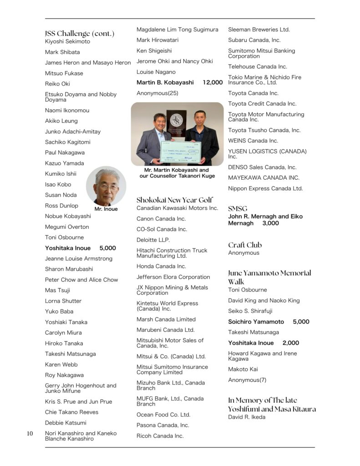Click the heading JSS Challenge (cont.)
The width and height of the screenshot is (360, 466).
79,33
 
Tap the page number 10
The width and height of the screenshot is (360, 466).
30,434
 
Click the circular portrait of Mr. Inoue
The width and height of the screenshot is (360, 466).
106,186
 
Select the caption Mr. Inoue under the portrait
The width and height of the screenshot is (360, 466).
106,209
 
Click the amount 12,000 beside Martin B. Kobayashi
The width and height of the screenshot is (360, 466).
213,82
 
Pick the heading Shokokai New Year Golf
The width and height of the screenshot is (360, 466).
174,200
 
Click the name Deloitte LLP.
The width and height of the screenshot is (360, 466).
153,239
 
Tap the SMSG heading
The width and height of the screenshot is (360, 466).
238,208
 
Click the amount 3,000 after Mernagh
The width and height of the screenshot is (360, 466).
270,223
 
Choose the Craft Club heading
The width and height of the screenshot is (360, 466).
245,245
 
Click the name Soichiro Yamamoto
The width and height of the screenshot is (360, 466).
256,322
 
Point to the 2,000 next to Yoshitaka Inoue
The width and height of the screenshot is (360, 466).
290,343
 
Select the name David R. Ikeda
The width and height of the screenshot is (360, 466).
246,417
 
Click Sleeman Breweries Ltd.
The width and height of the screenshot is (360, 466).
259,30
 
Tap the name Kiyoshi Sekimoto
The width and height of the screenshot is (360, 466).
67,41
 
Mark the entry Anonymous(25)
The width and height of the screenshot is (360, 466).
157,93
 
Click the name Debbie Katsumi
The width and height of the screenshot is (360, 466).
66,423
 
